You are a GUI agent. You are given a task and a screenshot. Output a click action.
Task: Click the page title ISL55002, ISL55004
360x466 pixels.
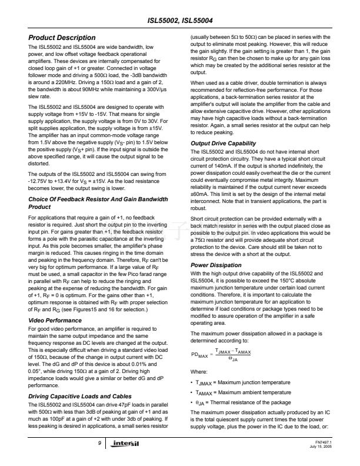pos(181,22)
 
